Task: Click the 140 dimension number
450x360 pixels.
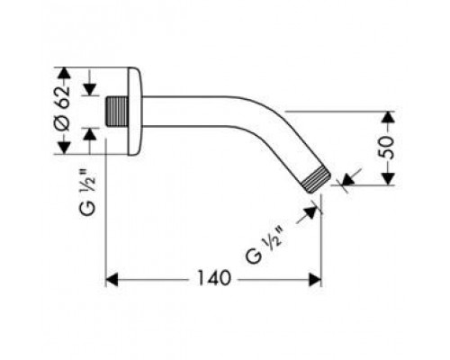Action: [214, 278]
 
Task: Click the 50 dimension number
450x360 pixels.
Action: [385, 148]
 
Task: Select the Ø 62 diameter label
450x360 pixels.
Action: [62, 109]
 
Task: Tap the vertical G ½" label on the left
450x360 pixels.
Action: [87, 192]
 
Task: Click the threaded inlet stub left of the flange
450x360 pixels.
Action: [117, 111]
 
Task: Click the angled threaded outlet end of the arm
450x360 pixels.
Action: [316, 179]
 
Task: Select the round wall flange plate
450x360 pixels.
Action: [135, 111]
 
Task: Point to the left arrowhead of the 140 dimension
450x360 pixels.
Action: [112, 280]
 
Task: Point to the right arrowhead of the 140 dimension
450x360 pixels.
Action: [315, 280]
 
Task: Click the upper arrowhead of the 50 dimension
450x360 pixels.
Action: [389, 116]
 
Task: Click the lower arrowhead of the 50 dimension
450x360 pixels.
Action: [389, 179]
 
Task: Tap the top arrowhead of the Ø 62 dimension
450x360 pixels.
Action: [64, 73]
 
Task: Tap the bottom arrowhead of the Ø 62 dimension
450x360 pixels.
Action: [64, 148]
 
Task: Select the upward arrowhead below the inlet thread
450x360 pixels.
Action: [89, 133]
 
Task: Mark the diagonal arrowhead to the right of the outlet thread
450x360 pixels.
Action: [347, 179]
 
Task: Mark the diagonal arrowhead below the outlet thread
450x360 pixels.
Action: [310, 212]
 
